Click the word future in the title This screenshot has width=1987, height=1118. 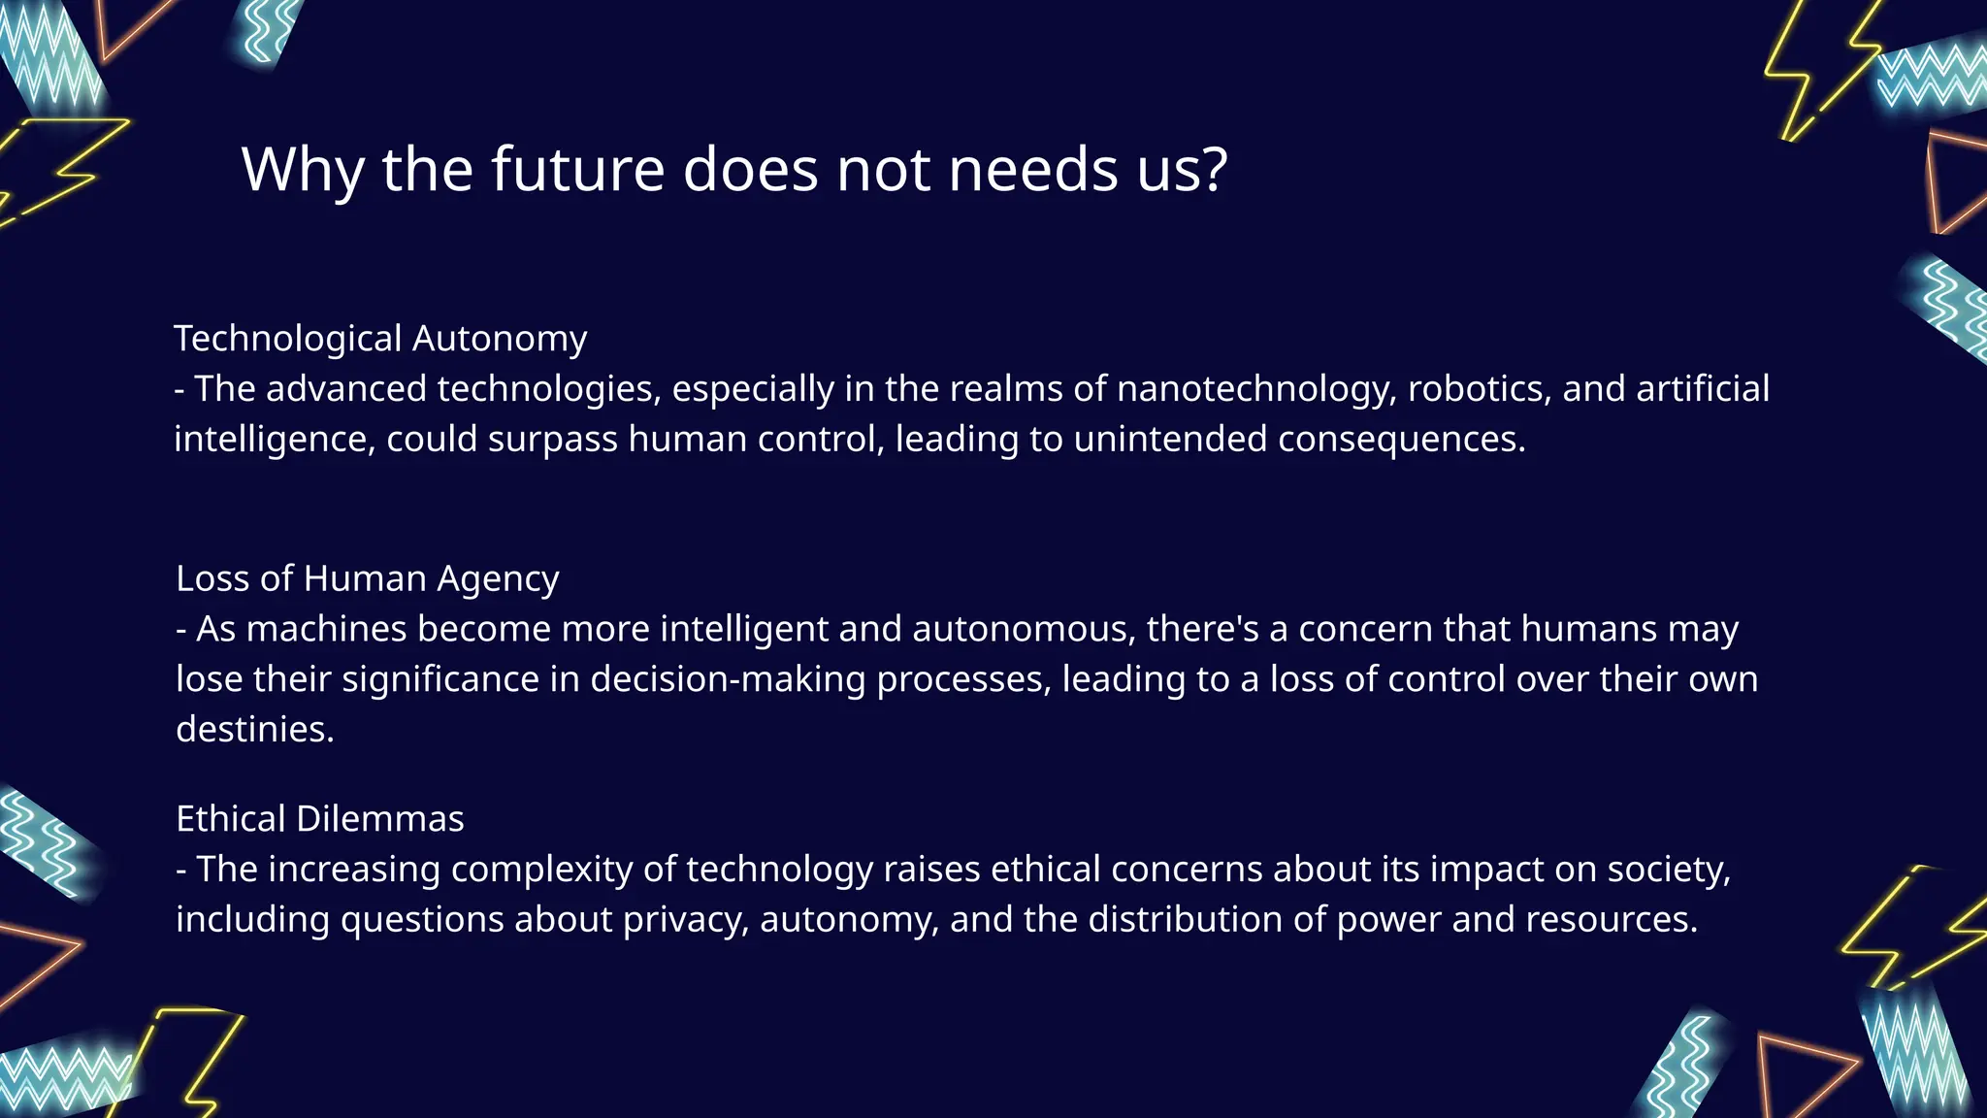[x=576, y=170]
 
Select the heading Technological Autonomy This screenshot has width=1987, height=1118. [x=380, y=339]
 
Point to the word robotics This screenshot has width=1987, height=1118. [x=1479, y=389]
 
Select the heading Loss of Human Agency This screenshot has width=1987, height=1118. [x=368, y=578]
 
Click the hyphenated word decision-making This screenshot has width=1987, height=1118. [x=728, y=679]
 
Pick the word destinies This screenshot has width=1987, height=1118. [x=254, y=730]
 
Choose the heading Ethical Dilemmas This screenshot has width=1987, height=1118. [x=320, y=819]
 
